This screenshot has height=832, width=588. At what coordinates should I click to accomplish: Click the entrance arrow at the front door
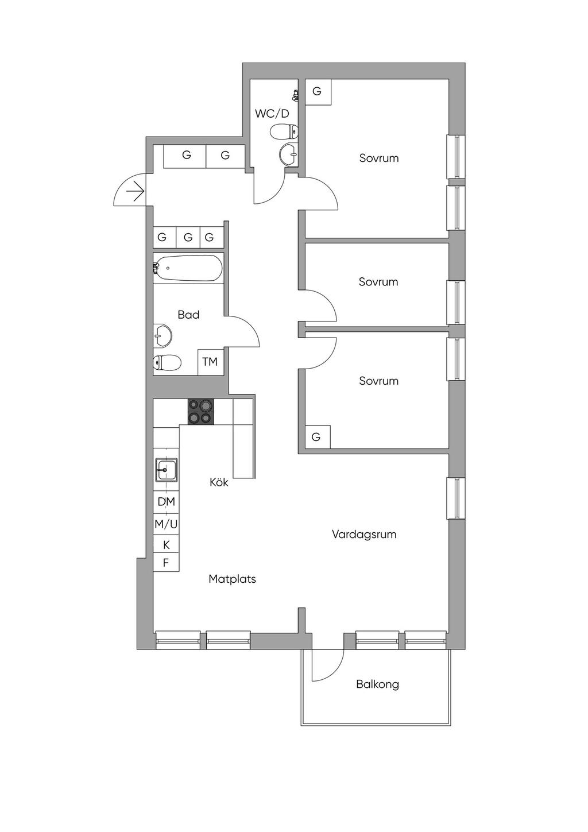point(135,192)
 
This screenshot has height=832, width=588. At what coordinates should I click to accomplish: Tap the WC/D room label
point(272,114)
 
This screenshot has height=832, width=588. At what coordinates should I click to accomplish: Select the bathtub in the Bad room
point(188,268)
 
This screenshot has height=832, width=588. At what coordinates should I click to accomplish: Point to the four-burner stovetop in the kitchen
point(201,412)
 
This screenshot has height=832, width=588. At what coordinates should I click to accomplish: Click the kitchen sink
point(167,470)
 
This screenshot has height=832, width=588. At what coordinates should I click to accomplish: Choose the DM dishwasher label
point(166,502)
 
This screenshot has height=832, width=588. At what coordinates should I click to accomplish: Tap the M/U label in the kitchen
point(166,524)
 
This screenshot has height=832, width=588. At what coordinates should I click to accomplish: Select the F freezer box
point(166,562)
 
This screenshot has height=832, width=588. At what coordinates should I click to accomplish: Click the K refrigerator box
point(166,544)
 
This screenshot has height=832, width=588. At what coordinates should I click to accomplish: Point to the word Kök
point(219,482)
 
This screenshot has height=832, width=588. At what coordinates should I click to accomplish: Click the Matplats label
point(232,579)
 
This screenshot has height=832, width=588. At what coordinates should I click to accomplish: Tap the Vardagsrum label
point(364,535)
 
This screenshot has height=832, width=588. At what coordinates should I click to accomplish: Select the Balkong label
point(377,684)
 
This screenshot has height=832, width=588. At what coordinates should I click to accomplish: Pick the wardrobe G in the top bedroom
point(318,92)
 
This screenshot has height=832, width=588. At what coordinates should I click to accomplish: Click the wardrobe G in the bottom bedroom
point(318,437)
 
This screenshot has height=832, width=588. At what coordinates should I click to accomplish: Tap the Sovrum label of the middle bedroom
point(378,282)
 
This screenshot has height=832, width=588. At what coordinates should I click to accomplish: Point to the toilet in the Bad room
point(167,362)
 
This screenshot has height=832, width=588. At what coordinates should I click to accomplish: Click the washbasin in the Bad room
point(163,335)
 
